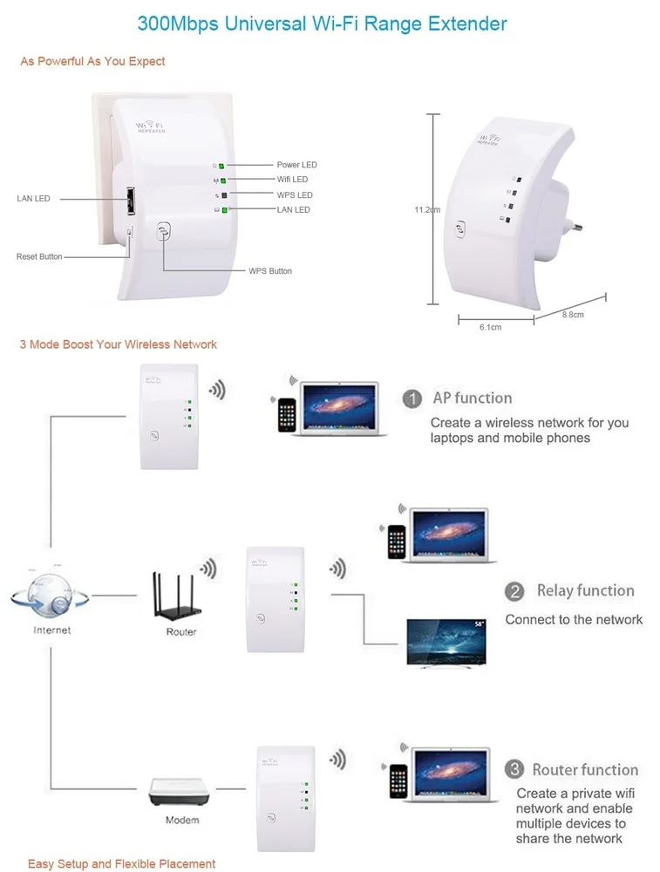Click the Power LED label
[296, 165]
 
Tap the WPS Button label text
[269, 271]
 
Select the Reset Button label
[39, 257]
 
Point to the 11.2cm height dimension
[427, 209]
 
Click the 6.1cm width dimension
[490, 327]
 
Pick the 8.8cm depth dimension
[572, 315]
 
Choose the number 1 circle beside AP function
[412, 399]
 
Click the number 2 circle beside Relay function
[514, 592]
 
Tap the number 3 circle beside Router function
[514, 770]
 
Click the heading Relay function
[585, 591]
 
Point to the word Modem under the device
[182, 821]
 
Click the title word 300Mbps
[178, 23]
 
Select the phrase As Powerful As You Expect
[92, 62]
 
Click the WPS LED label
[295, 195]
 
